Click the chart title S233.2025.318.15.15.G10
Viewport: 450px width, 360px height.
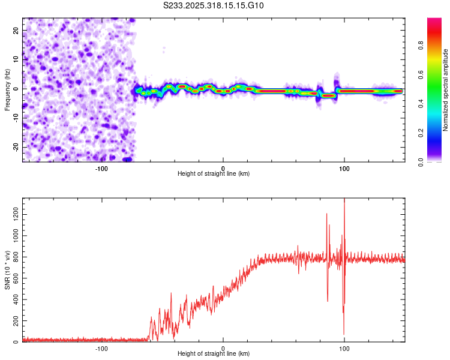(214, 5)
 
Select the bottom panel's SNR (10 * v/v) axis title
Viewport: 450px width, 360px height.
(7, 270)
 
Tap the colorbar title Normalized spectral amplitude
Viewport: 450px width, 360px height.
(446, 90)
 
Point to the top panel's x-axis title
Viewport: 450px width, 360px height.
(214, 174)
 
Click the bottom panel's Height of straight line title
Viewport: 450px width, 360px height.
(214, 354)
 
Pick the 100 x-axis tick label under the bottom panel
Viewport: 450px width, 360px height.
(344, 349)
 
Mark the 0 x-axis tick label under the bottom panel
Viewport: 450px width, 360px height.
(223, 349)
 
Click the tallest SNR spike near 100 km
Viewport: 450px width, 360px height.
(344, 200)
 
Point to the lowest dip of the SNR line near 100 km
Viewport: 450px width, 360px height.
(344, 334)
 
